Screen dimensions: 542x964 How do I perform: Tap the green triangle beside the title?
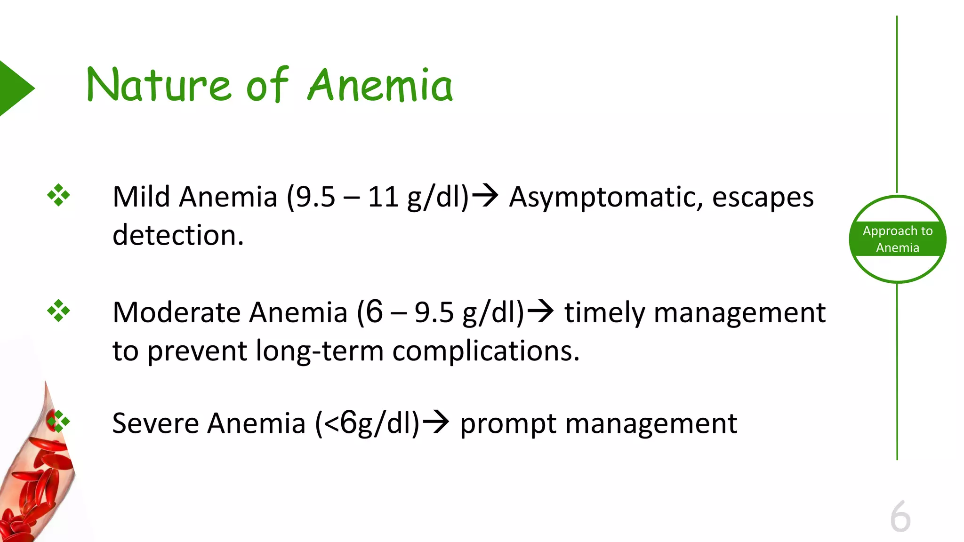[14, 88]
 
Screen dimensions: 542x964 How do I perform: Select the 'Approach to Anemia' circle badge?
[897, 239]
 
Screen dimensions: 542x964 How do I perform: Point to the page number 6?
[900, 517]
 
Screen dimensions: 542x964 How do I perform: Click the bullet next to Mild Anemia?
[58, 195]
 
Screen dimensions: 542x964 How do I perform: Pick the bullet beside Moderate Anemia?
[58, 311]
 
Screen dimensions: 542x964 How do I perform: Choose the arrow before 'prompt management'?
[435, 422]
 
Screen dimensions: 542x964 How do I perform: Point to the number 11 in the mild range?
[383, 197]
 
